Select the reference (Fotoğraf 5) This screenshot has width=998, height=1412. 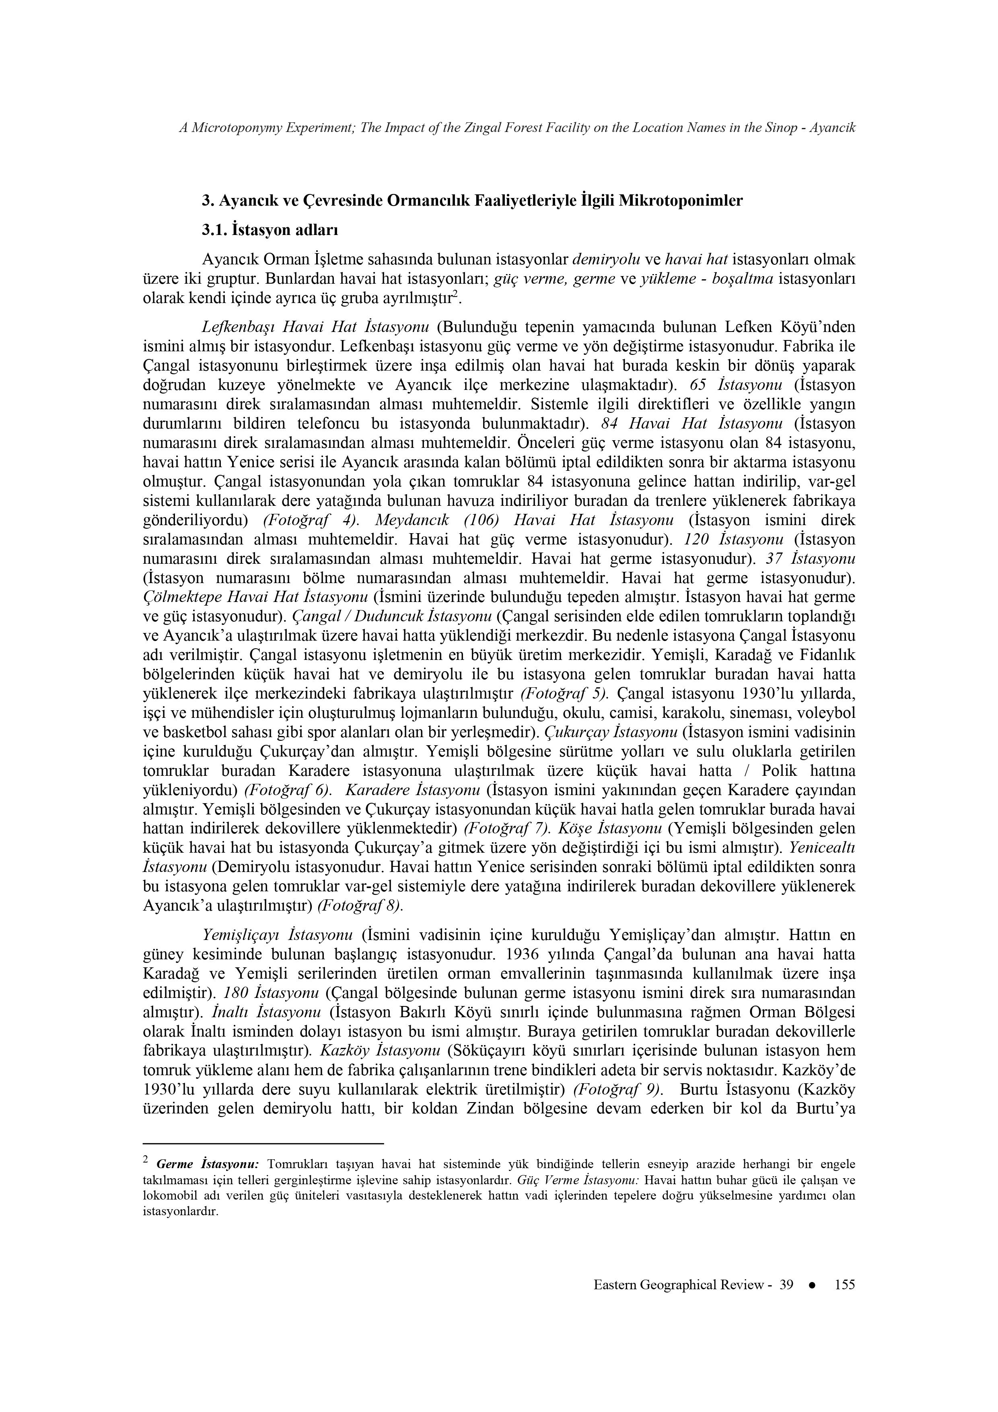tap(564, 694)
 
